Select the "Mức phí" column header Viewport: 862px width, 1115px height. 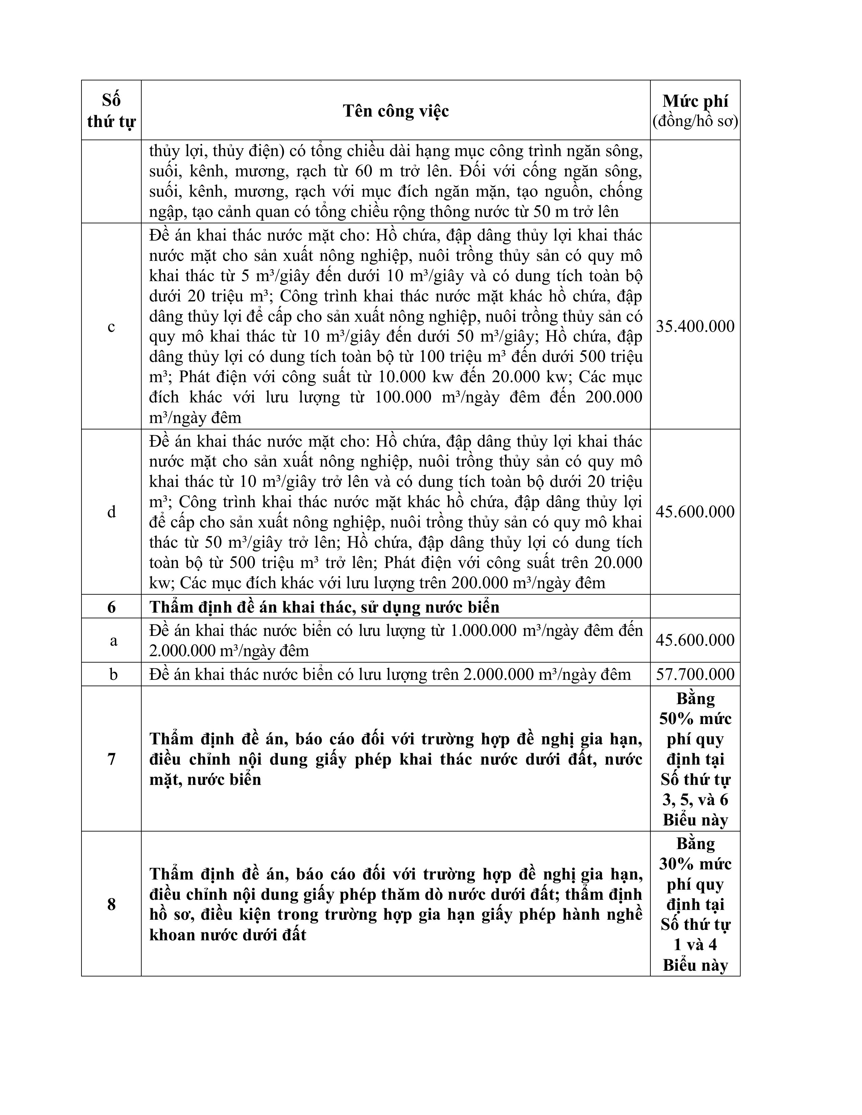tap(695, 101)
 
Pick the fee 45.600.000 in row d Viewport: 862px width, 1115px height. tap(695, 512)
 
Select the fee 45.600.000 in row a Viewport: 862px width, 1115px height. tap(695, 640)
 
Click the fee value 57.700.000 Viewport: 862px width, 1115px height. tap(695, 674)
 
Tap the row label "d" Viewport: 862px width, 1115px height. tap(111, 512)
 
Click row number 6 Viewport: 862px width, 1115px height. tap(111, 606)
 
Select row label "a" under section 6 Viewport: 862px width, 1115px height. tap(113, 640)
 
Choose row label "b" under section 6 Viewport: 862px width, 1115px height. tap(113, 674)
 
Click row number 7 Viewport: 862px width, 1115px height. tap(111, 759)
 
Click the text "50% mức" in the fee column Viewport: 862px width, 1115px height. tap(695, 719)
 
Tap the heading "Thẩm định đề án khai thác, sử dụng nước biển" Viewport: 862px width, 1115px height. tap(324, 606)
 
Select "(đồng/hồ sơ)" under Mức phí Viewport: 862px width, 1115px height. tap(695, 122)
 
